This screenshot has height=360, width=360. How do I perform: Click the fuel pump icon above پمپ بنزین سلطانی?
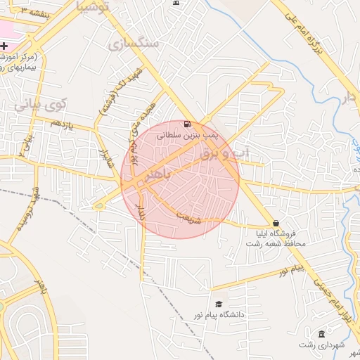pyautogui.click(x=186, y=124)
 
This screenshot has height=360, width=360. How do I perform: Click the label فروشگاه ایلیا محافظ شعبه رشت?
pyautogui.click(x=276, y=238)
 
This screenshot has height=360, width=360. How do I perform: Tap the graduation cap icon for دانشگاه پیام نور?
pyautogui.click(x=219, y=304)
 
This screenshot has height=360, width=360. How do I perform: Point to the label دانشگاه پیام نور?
pyautogui.click(x=219, y=315)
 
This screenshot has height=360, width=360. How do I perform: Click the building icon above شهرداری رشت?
pyautogui.click(x=321, y=333)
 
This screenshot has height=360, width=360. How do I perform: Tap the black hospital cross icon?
pyautogui.click(x=4, y=45)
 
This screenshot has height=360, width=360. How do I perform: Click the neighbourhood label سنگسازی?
pyautogui.click(x=134, y=44)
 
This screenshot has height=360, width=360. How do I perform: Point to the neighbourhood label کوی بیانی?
pyautogui.click(x=41, y=105)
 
